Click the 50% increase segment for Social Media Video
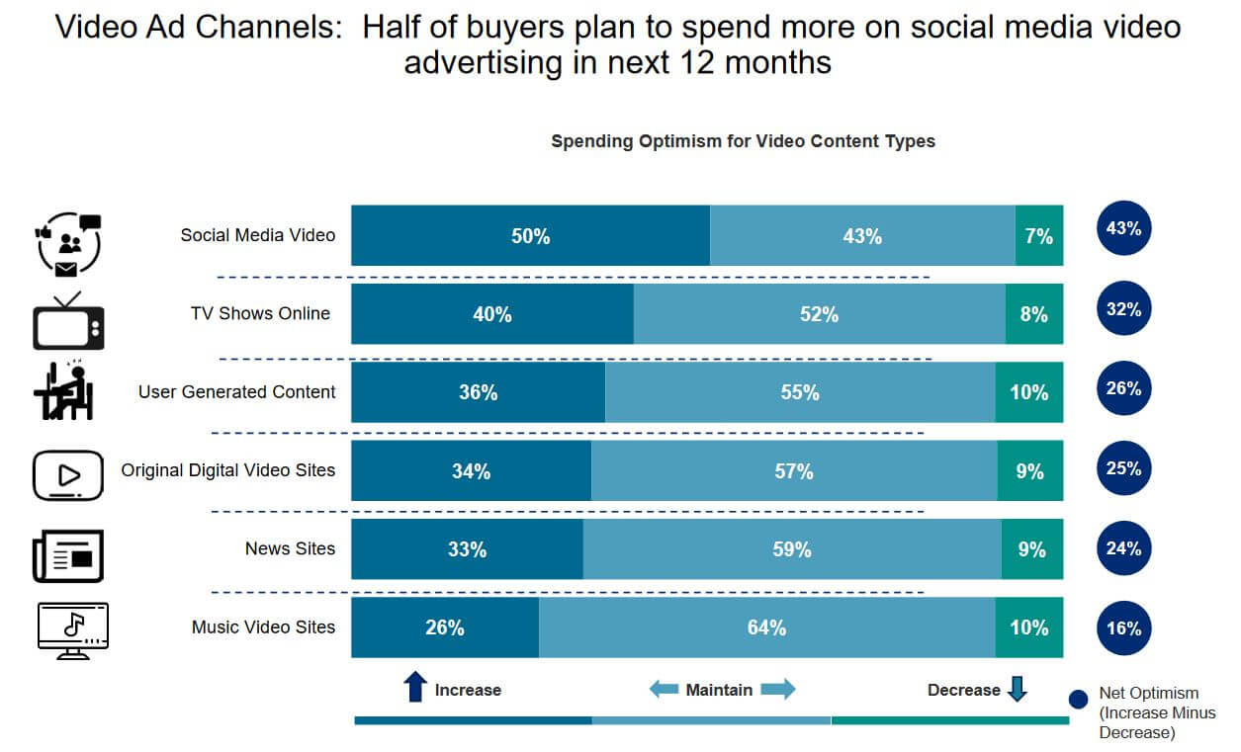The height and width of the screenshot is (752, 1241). coord(530,236)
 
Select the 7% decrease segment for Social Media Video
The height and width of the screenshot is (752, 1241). coord(1038,236)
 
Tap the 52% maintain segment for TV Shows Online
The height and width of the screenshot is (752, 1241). coord(819,314)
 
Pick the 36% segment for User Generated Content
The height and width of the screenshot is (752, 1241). coord(478,392)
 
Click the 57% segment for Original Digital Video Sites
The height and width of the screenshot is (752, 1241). coord(794,471)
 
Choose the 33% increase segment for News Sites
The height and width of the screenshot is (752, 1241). coord(467,549)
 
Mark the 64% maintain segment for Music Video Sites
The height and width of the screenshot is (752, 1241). coord(766,627)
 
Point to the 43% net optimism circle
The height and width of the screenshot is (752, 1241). coord(1123,229)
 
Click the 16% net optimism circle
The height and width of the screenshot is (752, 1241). coord(1123,628)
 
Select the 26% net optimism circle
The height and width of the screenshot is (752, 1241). coord(1123,389)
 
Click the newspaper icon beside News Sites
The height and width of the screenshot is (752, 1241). coord(67,556)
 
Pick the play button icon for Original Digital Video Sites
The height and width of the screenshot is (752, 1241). coord(68,476)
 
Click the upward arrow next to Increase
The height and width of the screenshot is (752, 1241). coord(415,688)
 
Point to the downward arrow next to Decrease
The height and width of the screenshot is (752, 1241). coord(1017,688)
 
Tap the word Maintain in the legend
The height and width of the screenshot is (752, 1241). coord(719,690)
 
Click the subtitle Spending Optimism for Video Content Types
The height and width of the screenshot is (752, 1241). coord(743,141)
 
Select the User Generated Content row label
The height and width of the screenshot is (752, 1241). coord(236,392)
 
